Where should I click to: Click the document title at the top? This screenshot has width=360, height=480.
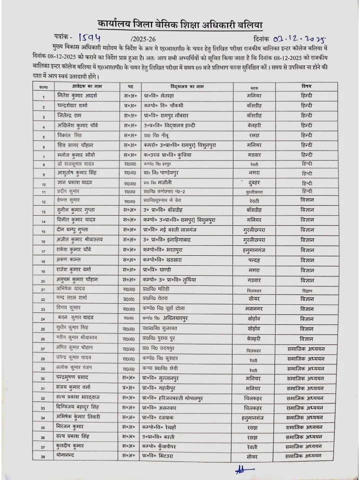[x=180, y=25]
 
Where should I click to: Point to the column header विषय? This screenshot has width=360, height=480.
[x=306, y=86]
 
